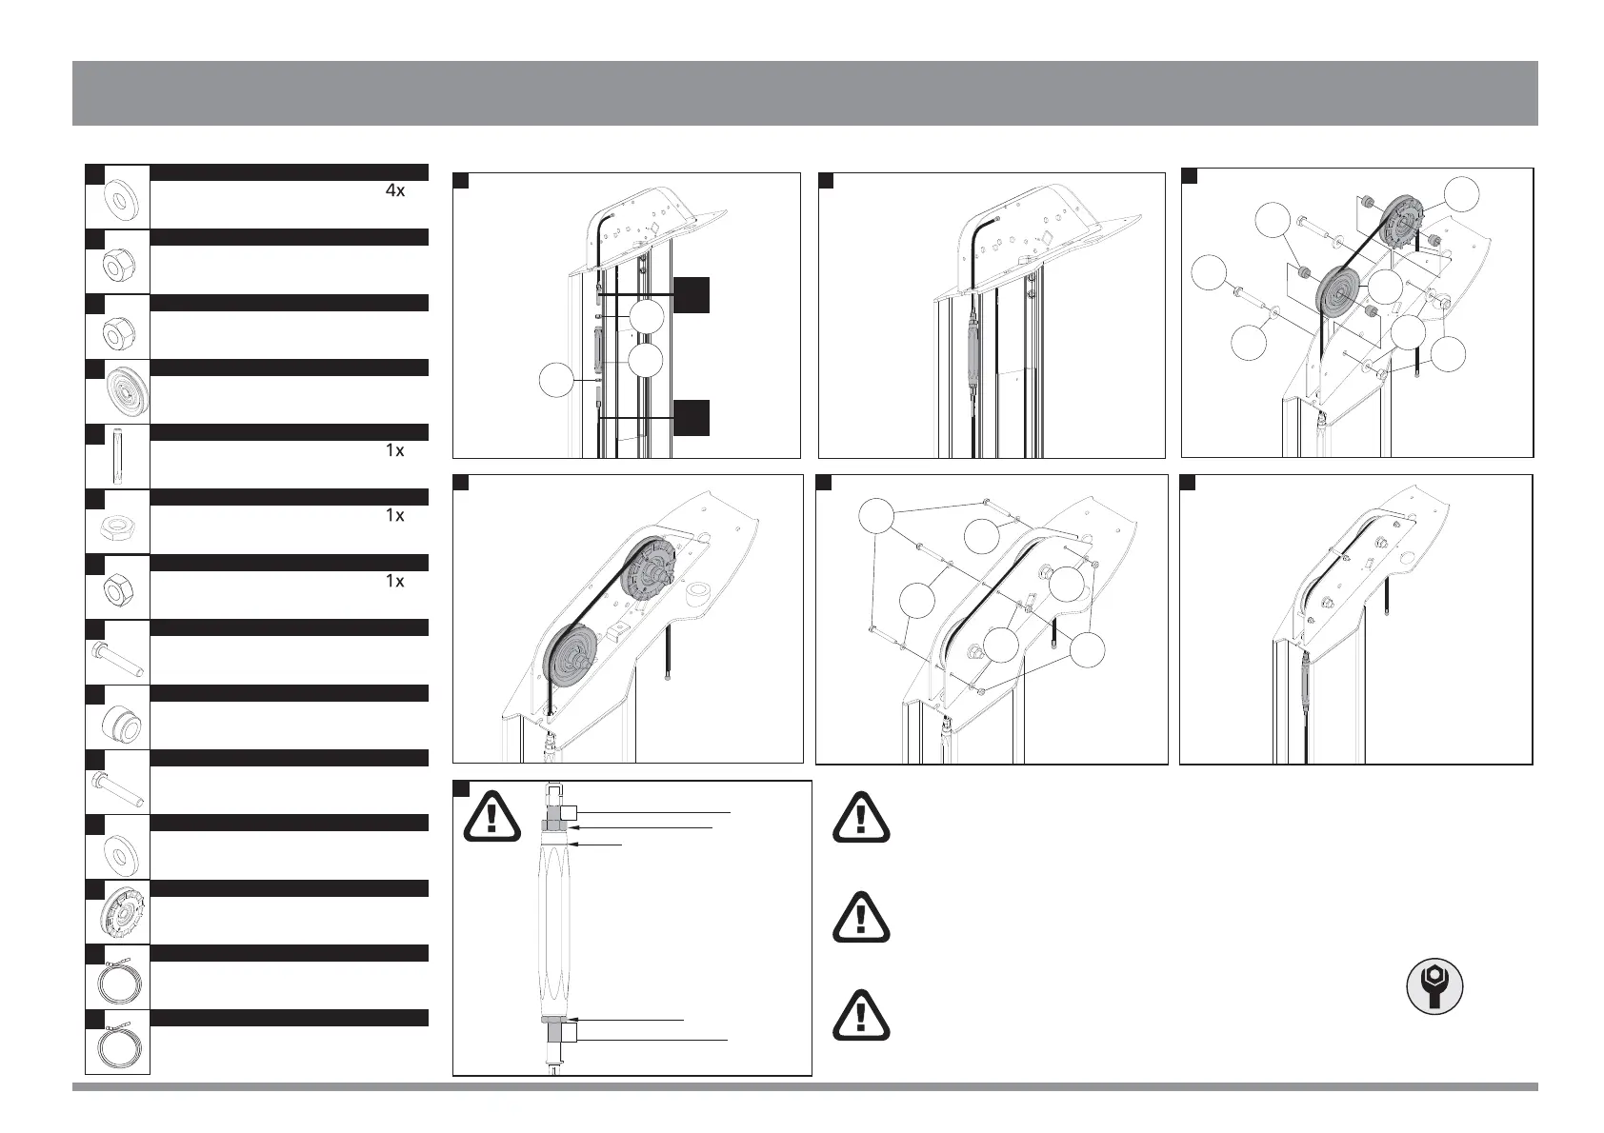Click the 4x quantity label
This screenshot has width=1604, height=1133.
coord(394,190)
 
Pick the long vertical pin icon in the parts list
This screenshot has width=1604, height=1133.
coord(117,457)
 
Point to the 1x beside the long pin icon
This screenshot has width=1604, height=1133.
coord(394,450)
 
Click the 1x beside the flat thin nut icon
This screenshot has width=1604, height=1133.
coord(394,515)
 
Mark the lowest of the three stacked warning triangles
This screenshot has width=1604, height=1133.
coord(861,1016)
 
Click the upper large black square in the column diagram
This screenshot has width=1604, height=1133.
coord(692,295)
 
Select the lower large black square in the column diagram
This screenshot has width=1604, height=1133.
coord(692,418)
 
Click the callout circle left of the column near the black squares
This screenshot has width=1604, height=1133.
coord(557,382)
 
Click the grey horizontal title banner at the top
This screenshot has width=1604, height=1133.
coord(805,93)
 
